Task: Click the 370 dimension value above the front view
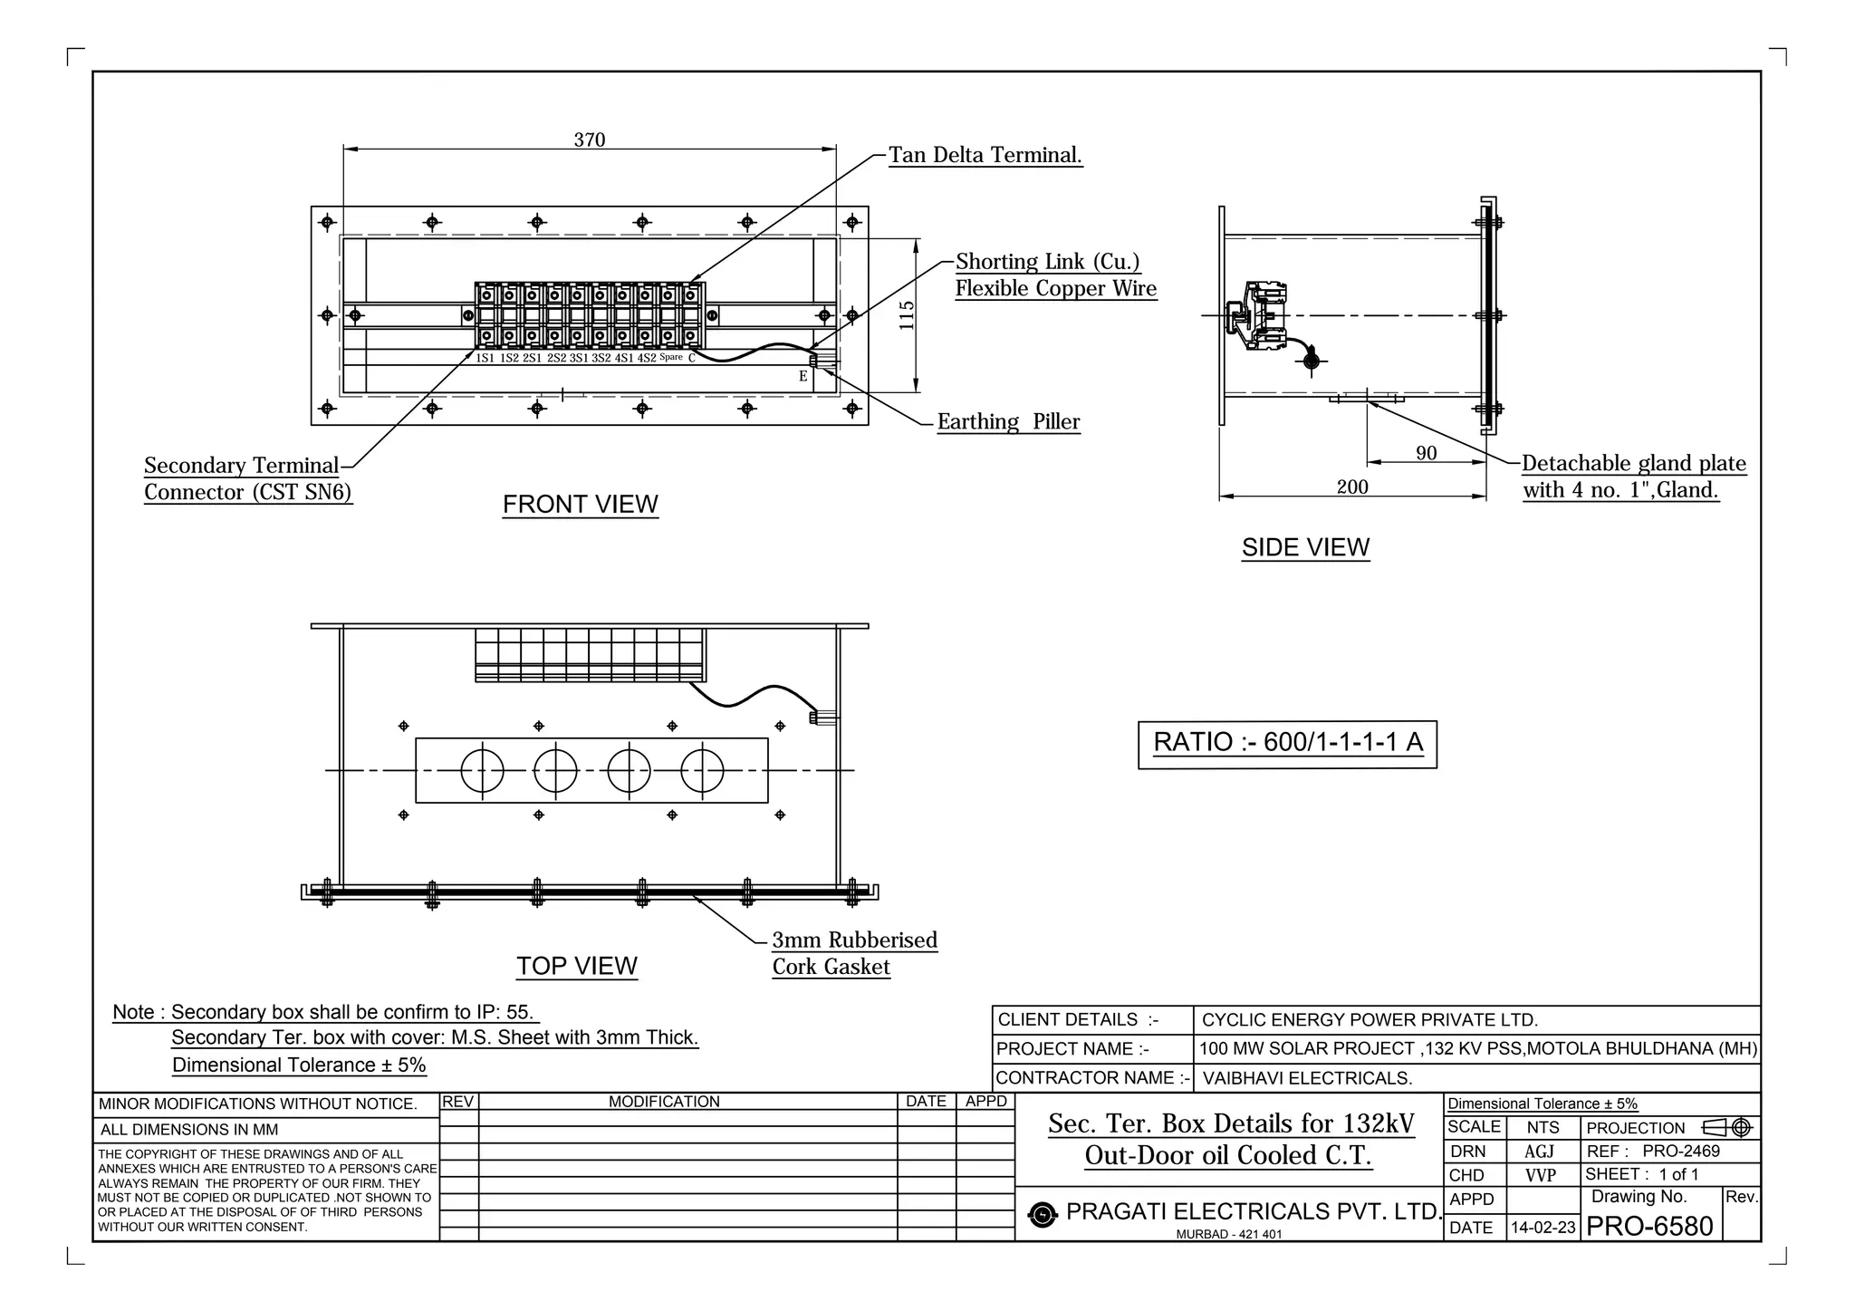(x=589, y=140)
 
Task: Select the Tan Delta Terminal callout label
(x=985, y=155)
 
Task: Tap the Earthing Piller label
(x=1008, y=422)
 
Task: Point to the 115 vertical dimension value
(x=907, y=315)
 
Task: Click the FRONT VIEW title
(x=580, y=505)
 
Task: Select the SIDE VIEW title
(x=1305, y=548)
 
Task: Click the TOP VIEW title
(x=577, y=967)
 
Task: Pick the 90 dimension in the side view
(x=1426, y=453)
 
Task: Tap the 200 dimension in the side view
(x=1352, y=487)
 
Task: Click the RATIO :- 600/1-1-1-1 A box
(x=1287, y=744)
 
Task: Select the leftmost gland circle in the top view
(x=482, y=771)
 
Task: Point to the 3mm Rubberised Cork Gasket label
(x=853, y=953)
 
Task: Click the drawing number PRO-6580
(x=1649, y=1227)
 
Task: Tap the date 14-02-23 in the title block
(x=1543, y=1229)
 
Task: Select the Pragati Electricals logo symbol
(x=1043, y=1215)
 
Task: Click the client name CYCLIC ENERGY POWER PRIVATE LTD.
(x=1370, y=1020)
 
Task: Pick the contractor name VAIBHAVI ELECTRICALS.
(x=1307, y=1078)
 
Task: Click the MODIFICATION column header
(x=664, y=1102)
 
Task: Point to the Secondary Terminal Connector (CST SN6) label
(x=246, y=479)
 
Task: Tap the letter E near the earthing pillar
(x=803, y=377)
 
